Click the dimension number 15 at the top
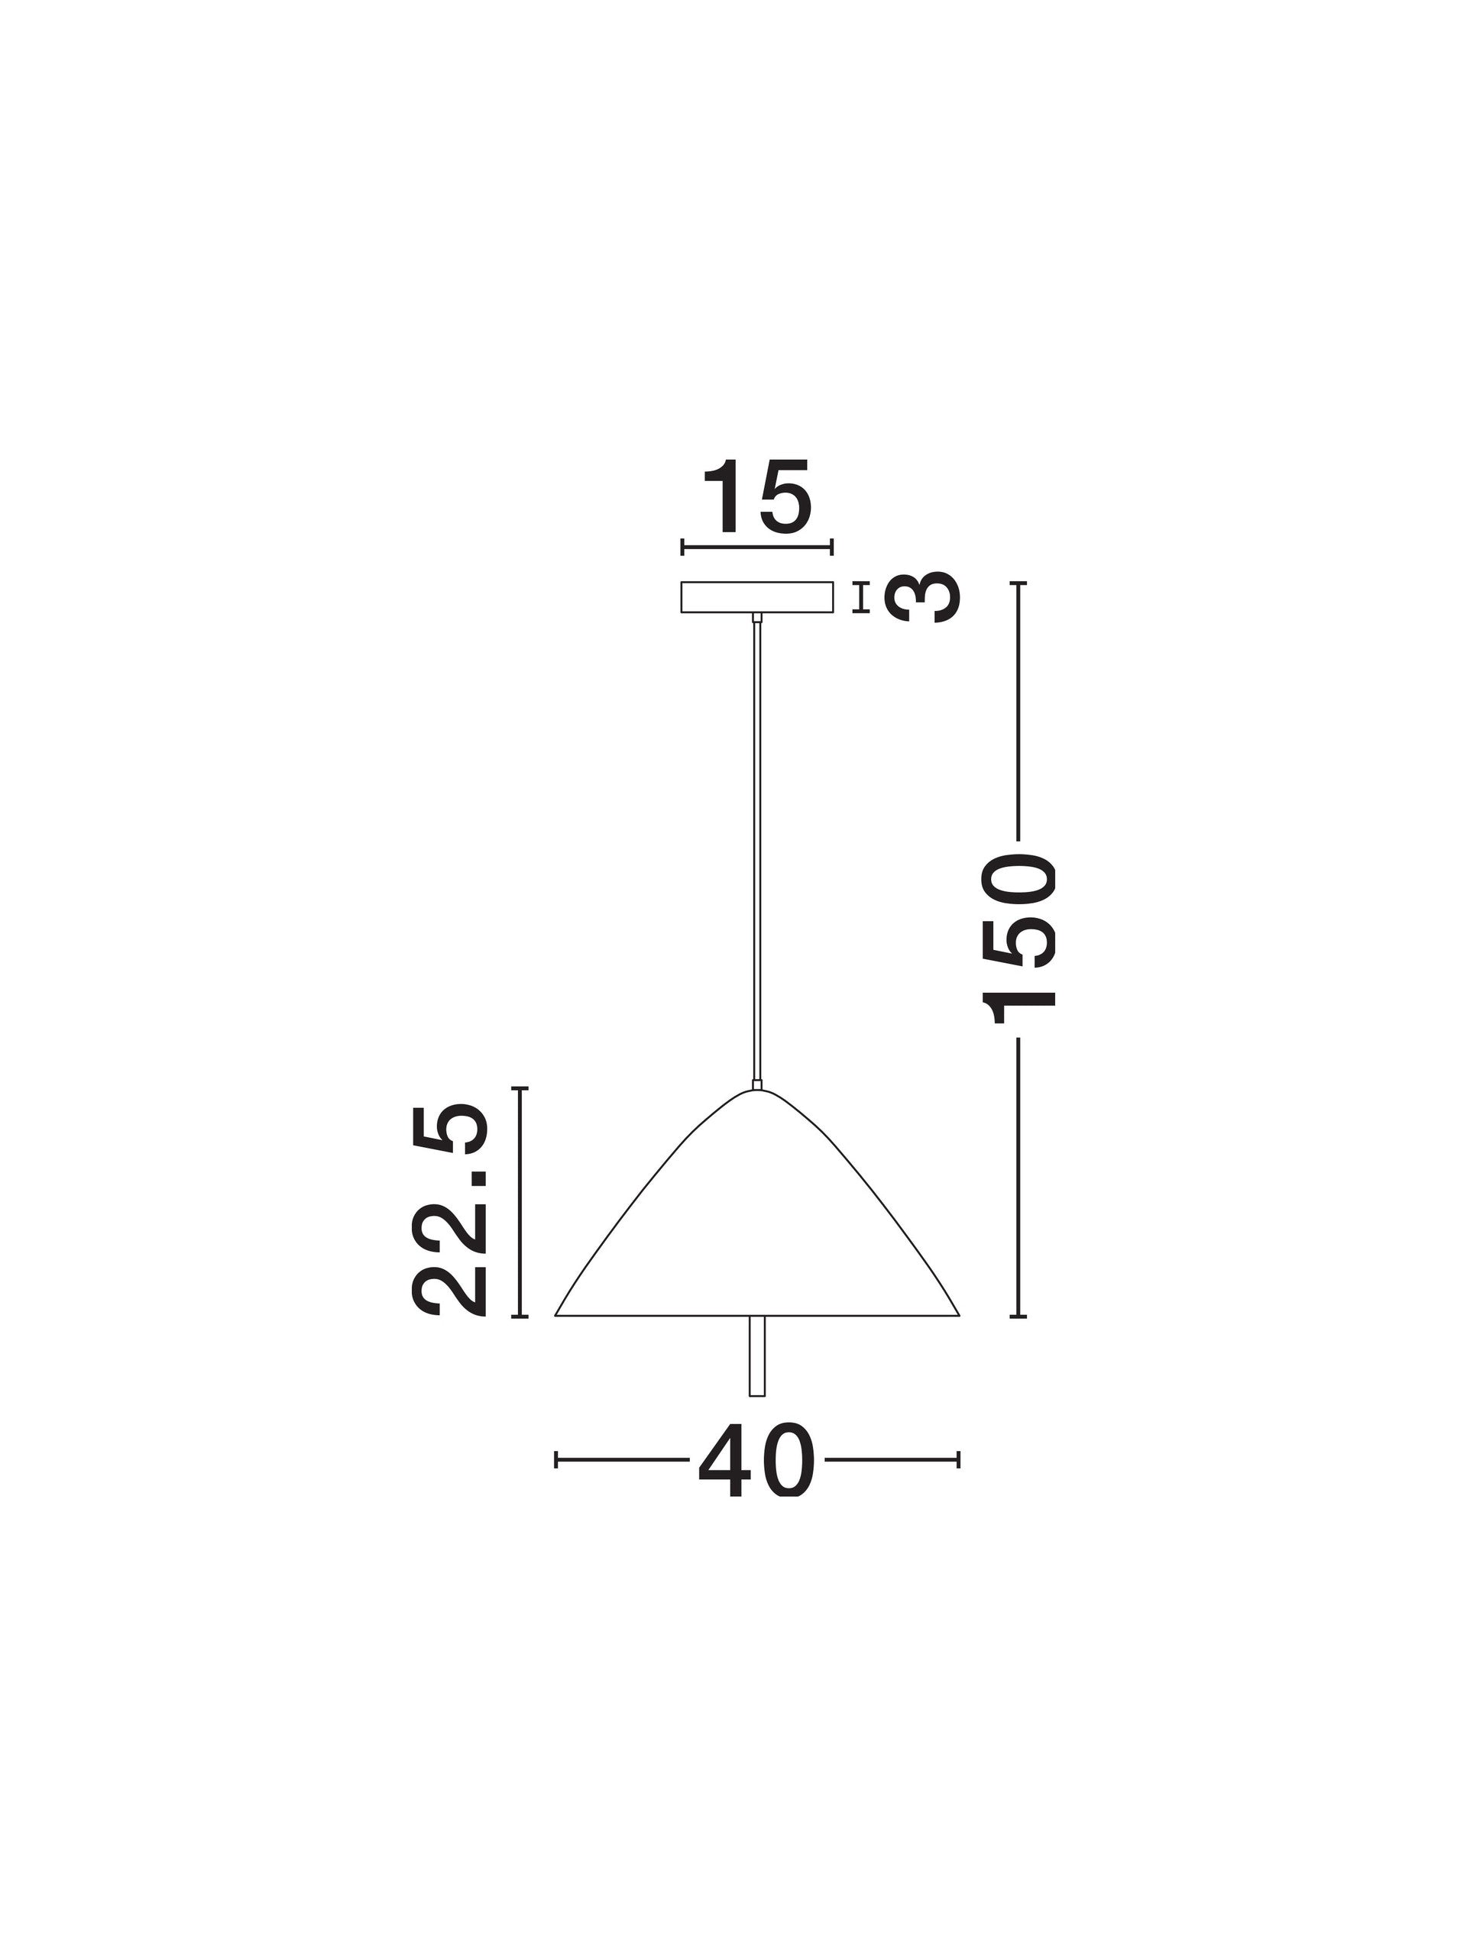pyautogui.click(x=757, y=498)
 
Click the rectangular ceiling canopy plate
pyautogui.click(x=757, y=596)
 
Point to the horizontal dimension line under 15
pyautogui.click(x=757, y=547)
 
